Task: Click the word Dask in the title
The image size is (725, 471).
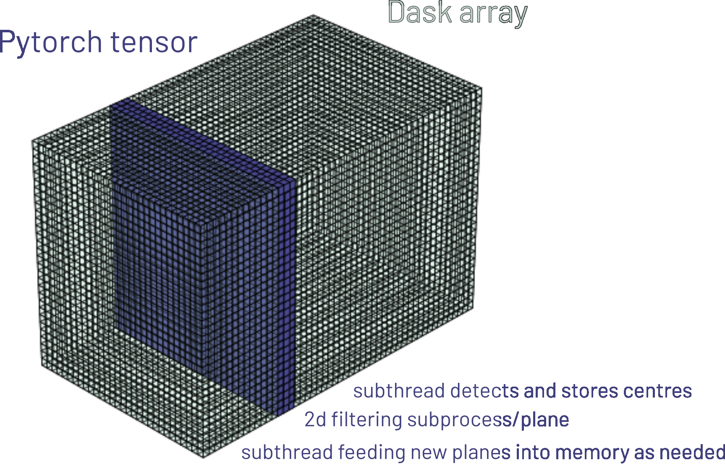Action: pos(420,12)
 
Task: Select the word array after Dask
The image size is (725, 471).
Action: pos(493,15)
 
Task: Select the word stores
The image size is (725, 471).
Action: pos(589,391)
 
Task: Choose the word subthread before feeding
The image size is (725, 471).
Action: pos(287,452)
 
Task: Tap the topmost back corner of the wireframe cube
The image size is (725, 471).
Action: pos(313,16)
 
